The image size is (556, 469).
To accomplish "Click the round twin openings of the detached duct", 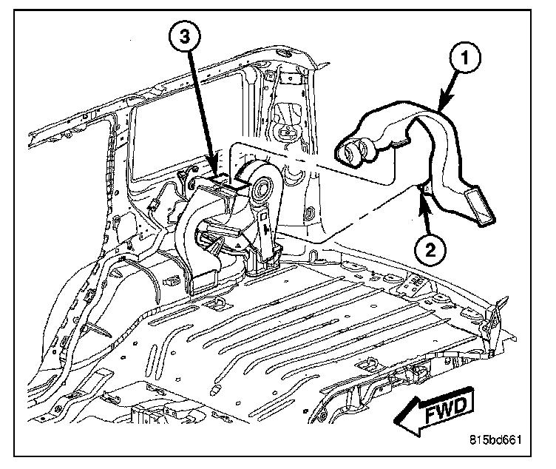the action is tap(353, 152).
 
